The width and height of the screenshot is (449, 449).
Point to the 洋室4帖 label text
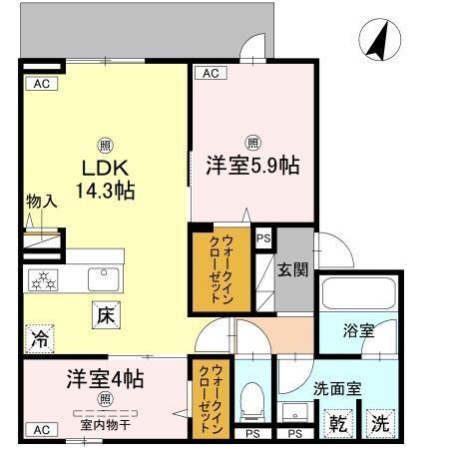click(x=106, y=380)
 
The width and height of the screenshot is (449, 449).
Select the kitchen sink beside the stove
click(x=103, y=277)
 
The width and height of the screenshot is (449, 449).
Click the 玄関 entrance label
click(x=294, y=268)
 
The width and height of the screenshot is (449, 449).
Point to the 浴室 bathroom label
click(x=359, y=330)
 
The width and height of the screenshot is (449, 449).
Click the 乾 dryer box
click(x=340, y=423)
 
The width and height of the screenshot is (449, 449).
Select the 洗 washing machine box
click(x=380, y=423)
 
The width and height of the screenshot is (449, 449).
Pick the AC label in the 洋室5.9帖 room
click(x=209, y=73)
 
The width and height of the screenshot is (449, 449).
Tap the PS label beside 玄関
click(x=263, y=238)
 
